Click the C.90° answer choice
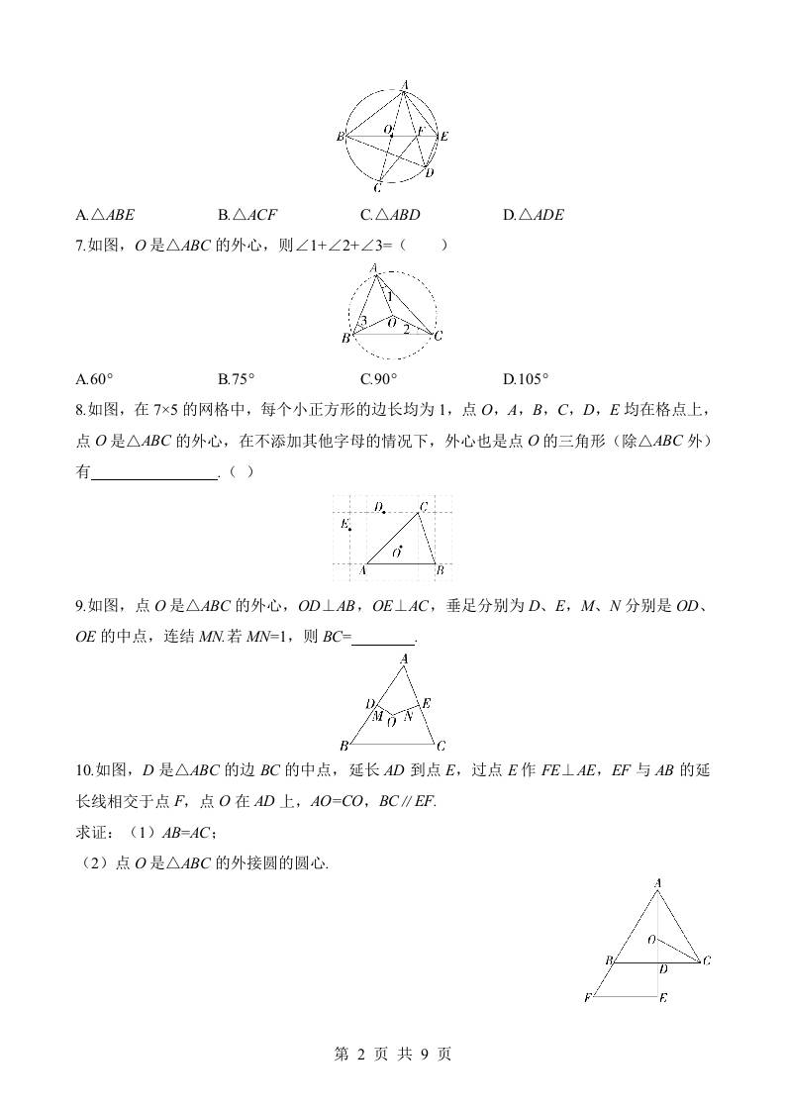pyautogui.click(x=379, y=378)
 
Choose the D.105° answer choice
pyautogui.click(x=526, y=378)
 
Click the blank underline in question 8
pyautogui.click(x=153, y=473)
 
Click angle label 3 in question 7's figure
pyautogui.click(x=363, y=321)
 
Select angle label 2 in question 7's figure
pyautogui.click(x=405, y=328)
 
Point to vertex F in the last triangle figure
pyautogui.click(x=589, y=997)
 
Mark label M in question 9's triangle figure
pyautogui.click(x=377, y=715)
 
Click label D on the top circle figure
pyautogui.click(x=429, y=172)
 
